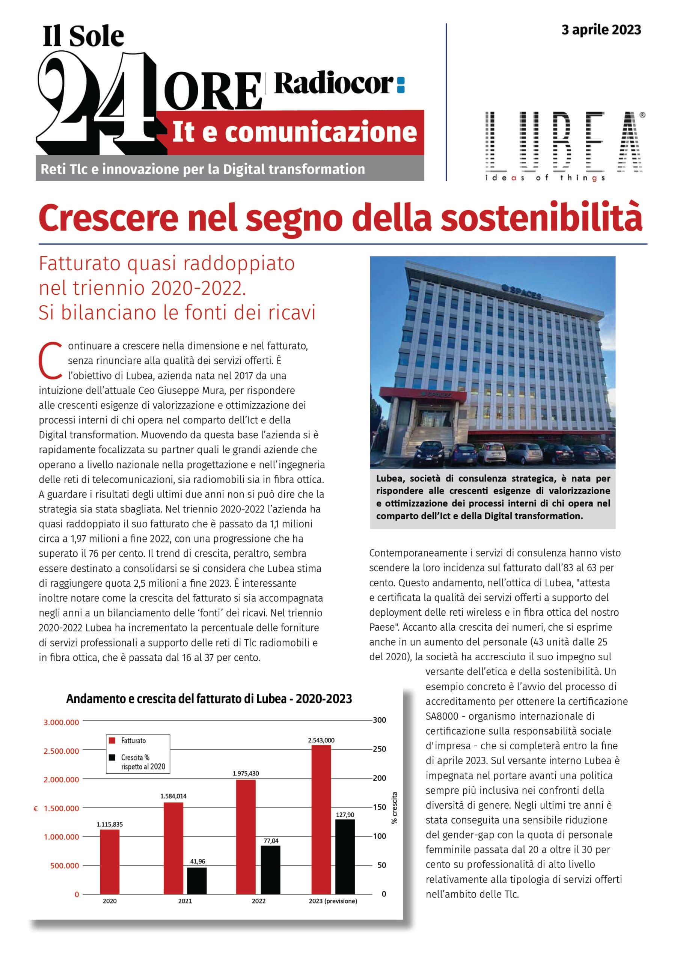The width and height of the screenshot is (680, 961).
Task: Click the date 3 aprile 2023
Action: click(601, 30)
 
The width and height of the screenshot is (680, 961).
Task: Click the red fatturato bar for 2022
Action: click(246, 837)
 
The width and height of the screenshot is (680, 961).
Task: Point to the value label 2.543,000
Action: click(321, 740)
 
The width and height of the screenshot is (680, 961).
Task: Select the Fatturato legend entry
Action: click(133, 740)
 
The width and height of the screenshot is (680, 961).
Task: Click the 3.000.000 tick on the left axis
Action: click(61, 722)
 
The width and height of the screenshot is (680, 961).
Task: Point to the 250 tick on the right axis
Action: click(379, 749)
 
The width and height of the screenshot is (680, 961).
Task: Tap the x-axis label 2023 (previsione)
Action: click(333, 901)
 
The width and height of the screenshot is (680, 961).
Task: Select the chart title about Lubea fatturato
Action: click(209, 699)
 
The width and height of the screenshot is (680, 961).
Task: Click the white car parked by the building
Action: click(492, 453)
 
